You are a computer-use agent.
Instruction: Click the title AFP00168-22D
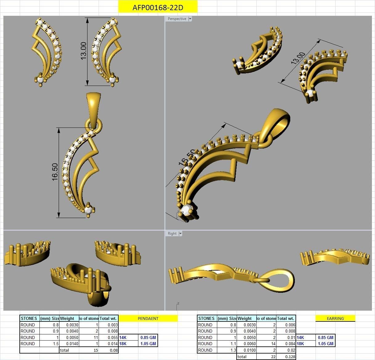point(157,7)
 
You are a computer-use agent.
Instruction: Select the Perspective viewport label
point(177,19)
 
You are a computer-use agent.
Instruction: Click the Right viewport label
point(172,234)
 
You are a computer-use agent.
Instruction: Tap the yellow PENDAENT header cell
point(148,318)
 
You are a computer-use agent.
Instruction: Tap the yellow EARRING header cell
point(335,318)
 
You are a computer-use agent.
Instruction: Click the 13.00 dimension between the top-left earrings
point(83,51)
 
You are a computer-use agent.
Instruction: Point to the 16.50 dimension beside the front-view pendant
point(55,172)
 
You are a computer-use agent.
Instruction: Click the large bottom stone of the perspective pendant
point(186,210)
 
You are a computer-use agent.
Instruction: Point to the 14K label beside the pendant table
point(123,337)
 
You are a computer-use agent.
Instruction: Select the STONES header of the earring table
point(206,318)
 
